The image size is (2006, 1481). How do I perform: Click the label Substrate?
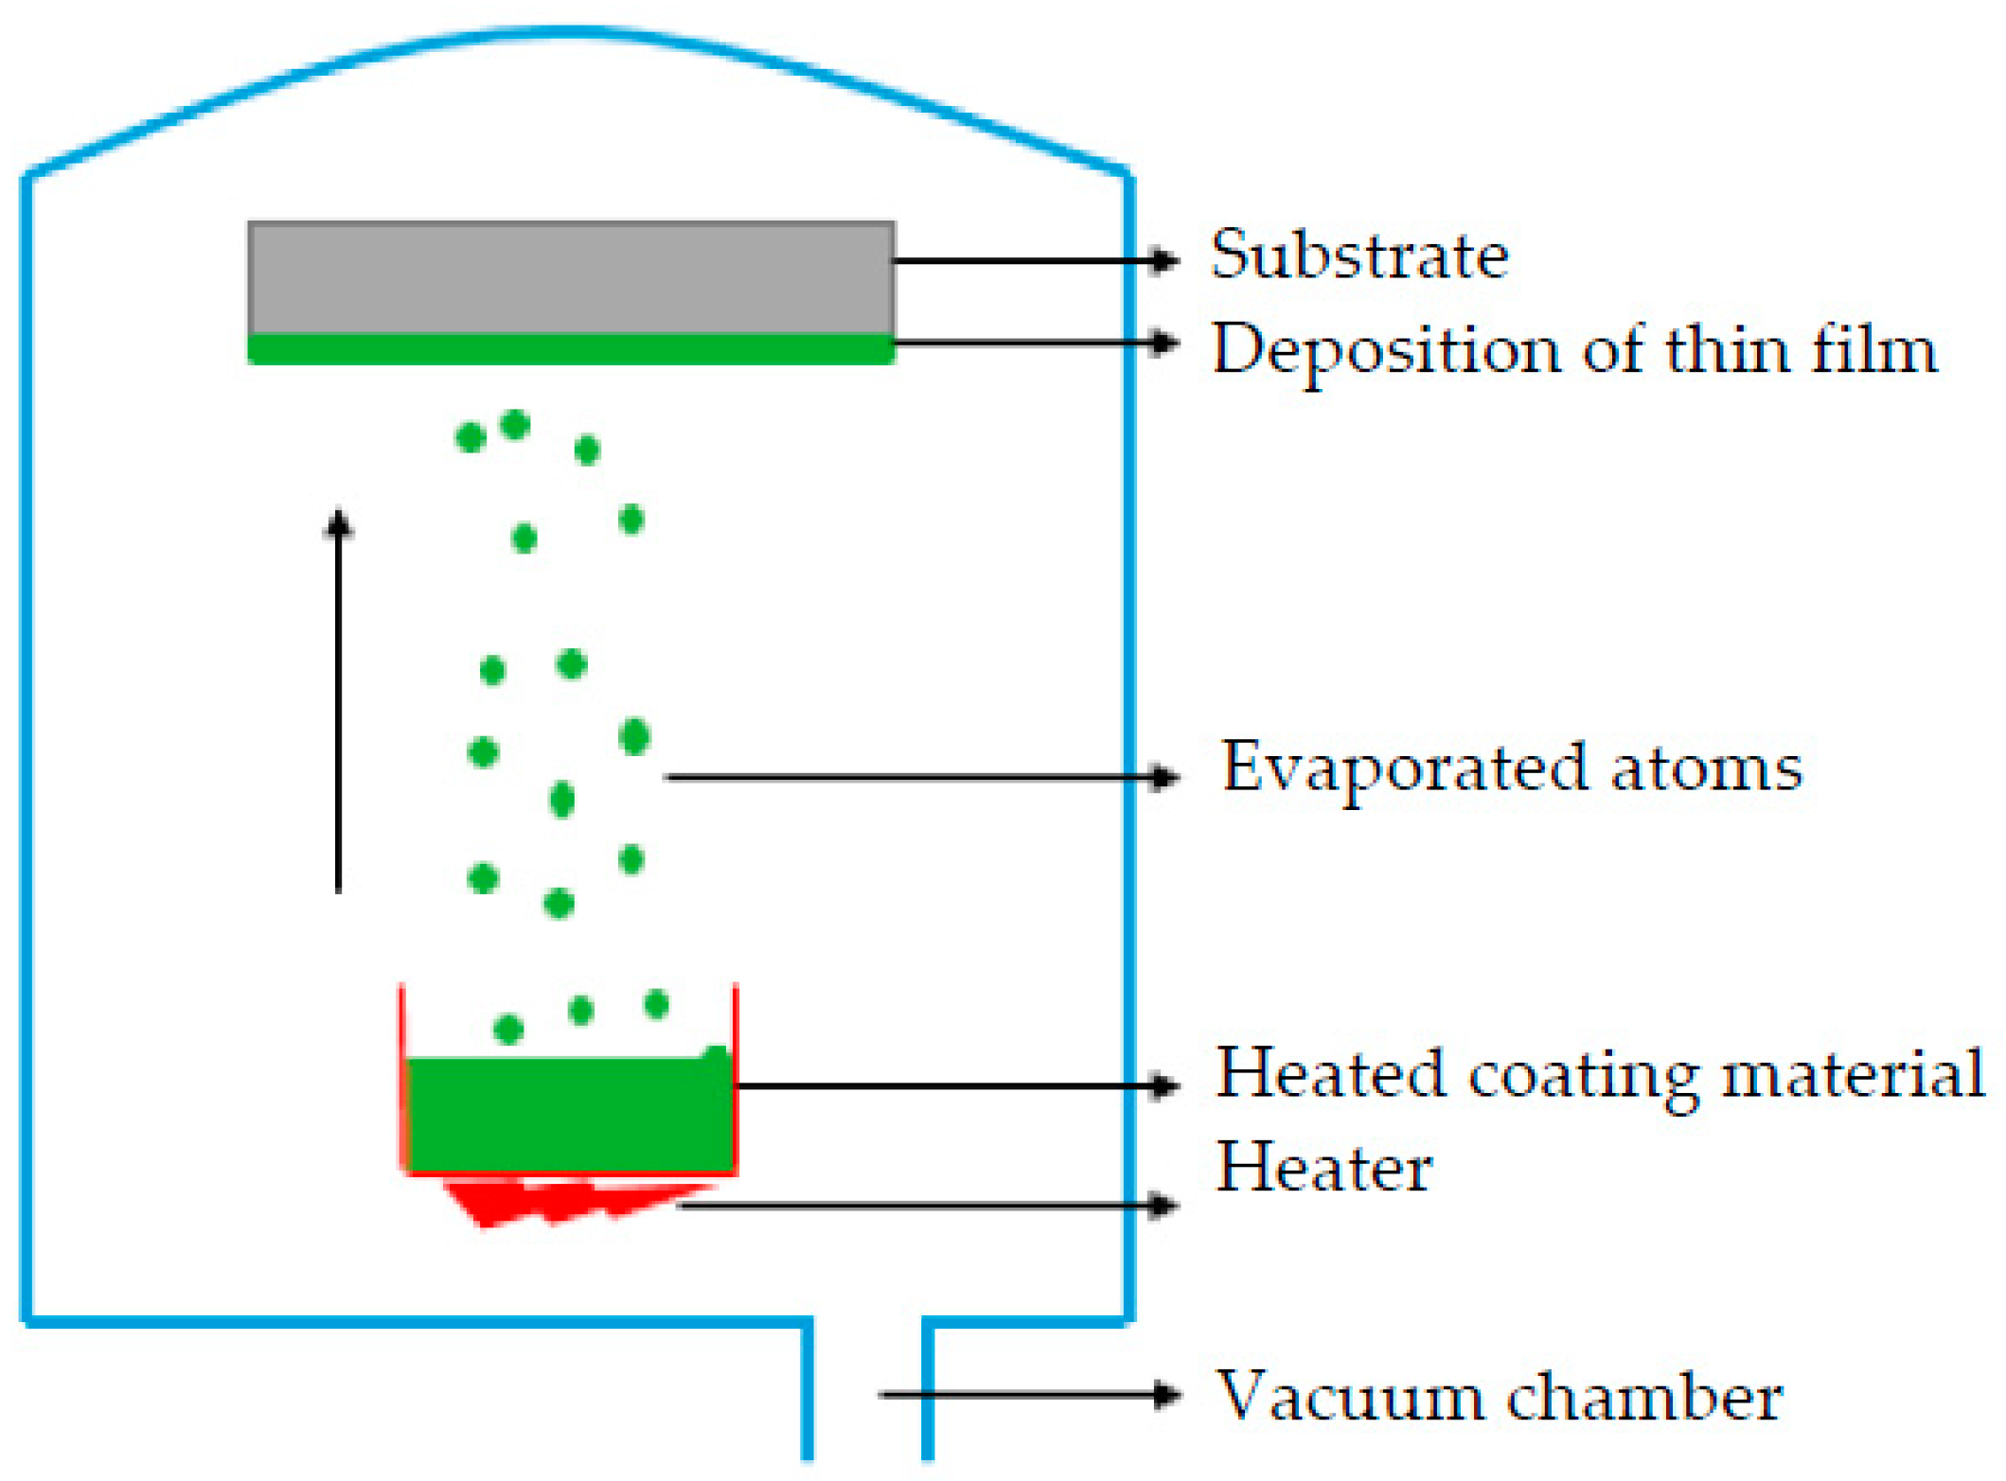pyautogui.click(x=1359, y=256)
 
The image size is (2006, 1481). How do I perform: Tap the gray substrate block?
pyautogui.click(x=571, y=277)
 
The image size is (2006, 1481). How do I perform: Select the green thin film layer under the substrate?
pyautogui.click(x=571, y=349)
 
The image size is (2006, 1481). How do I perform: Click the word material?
pyautogui.click(x=1852, y=1075)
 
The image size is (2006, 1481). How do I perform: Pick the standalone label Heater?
pyautogui.click(x=1323, y=1168)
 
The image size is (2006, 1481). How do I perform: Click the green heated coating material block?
pyautogui.click(x=569, y=1115)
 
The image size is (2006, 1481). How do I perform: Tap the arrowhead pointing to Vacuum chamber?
pyautogui.click(x=1166, y=1394)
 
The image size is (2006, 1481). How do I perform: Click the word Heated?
pyautogui.click(x=1330, y=1075)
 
